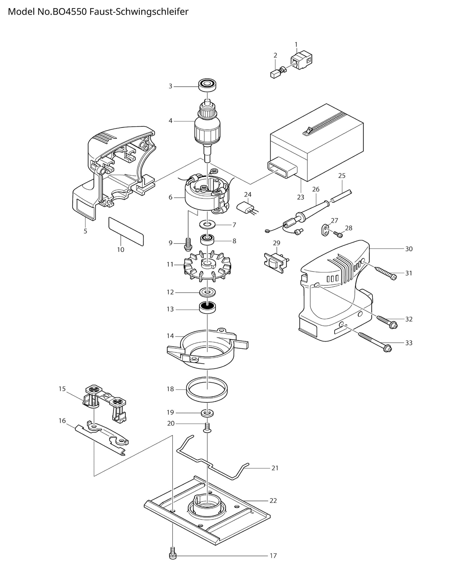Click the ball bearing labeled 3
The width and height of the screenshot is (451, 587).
208,85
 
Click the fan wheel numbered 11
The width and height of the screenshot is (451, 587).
207,265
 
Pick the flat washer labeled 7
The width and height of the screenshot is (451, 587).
208,224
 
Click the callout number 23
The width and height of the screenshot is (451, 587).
300,197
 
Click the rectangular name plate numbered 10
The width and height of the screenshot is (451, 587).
126,231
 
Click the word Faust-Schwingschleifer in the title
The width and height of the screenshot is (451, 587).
139,12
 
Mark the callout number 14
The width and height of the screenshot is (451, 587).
170,336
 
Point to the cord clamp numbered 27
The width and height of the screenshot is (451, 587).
325,230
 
